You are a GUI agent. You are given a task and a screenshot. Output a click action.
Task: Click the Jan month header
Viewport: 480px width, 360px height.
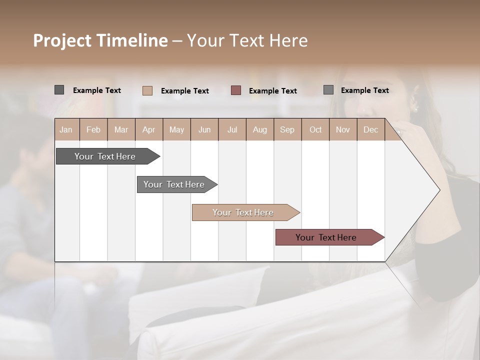coord(66,129)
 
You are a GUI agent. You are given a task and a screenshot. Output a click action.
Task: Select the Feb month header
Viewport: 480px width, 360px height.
coord(93,129)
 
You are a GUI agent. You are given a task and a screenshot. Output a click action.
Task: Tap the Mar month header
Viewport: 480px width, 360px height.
coord(121,129)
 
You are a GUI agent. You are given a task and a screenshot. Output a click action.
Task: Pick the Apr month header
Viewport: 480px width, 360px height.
coord(149,129)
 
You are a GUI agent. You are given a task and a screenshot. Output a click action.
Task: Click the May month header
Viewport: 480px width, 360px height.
coord(176,129)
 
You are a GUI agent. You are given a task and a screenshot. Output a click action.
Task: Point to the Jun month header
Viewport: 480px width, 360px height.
coord(204,129)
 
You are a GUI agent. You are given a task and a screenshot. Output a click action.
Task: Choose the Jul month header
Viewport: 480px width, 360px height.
coord(232,129)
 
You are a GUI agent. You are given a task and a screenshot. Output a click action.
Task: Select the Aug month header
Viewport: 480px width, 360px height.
coord(260,129)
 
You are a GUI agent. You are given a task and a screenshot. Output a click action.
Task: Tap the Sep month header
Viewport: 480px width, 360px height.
coord(287,129)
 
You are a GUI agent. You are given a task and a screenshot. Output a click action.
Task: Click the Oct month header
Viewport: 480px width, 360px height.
coord(315,129)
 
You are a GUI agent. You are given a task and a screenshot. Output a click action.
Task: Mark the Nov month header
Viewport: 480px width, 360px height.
coord(343,129)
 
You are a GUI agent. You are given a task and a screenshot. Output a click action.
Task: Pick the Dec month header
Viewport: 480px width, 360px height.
coord(370,129)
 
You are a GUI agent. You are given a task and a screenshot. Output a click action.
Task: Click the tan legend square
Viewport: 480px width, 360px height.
coord(147,90)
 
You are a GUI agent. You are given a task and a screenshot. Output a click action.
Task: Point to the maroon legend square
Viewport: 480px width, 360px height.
coord(236,90)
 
